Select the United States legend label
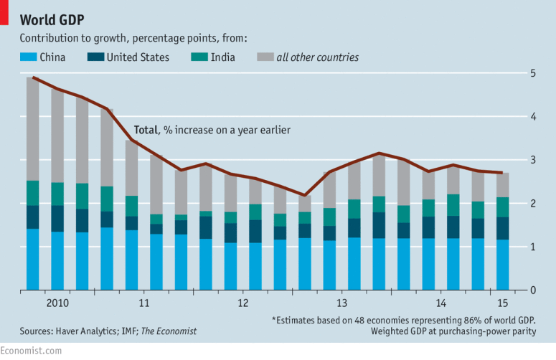(138, 57)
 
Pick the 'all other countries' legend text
(317, 57)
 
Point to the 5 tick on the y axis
(533, 73)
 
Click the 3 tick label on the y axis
(533, 160)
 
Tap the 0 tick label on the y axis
(533, 290)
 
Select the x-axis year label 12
(243, 303)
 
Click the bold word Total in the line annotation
(146, 131)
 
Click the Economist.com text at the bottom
(31, 351)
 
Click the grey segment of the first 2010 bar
(32, 129)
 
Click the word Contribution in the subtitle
(48, 37)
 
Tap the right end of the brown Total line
(501, 173)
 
